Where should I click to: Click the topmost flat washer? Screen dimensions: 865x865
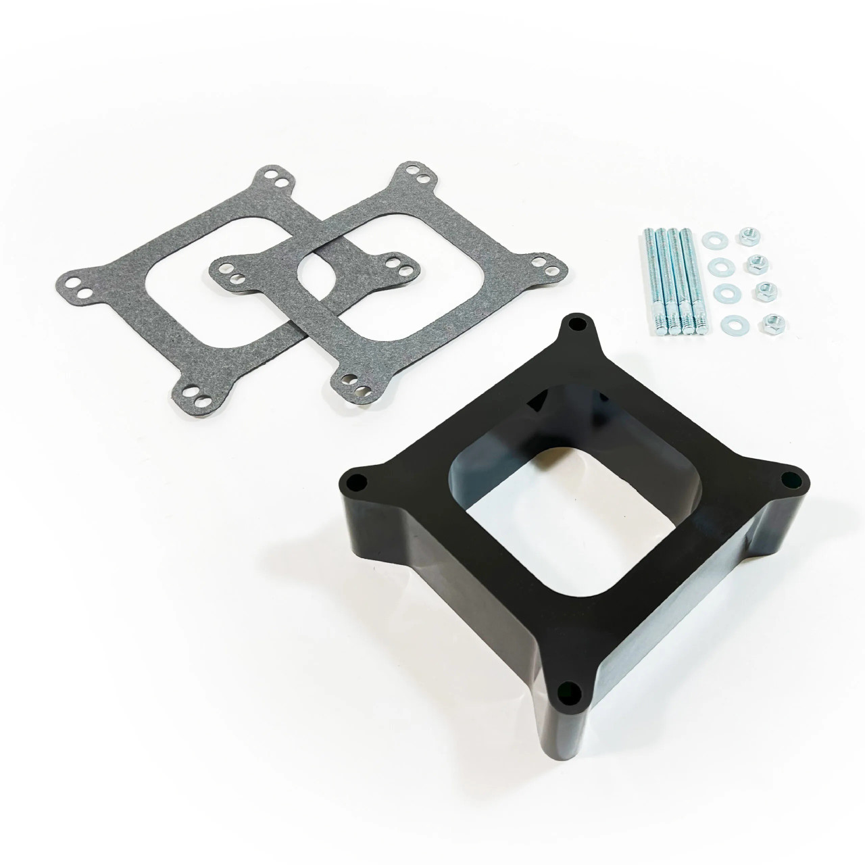point(712,239)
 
